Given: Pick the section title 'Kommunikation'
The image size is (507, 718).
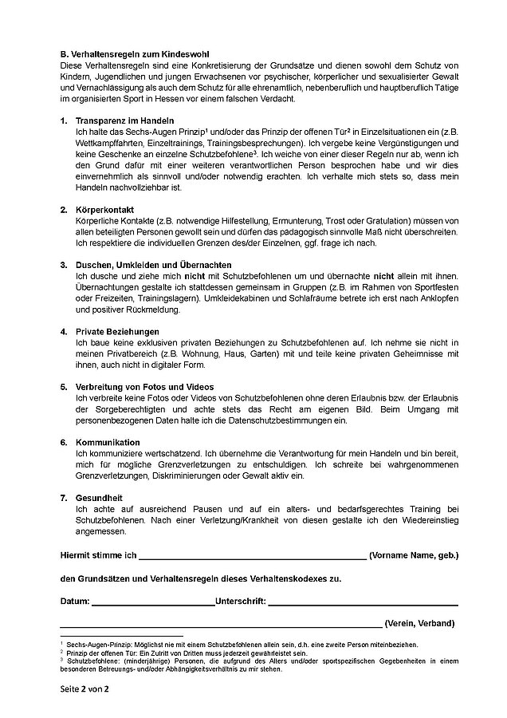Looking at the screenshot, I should click(x=107, y=441).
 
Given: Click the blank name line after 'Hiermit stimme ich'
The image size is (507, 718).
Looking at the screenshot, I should click(x=252, y=554).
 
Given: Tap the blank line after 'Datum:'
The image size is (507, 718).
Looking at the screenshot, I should click(x=153, y=600).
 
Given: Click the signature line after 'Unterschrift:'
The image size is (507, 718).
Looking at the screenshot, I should click(x=363, y=600).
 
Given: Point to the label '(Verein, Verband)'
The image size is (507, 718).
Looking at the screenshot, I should click(x=419, y=622).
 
